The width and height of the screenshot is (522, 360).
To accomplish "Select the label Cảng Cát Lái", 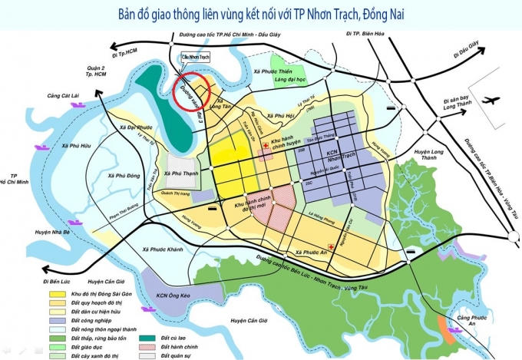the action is (x=63, y=96).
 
